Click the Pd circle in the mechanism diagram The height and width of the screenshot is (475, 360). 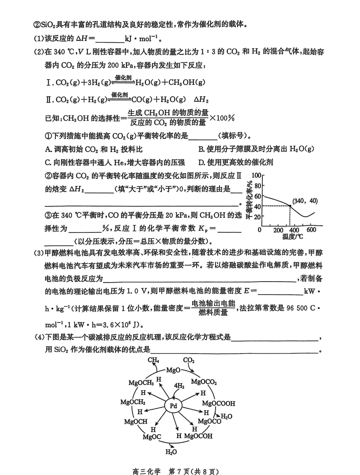pos(173,406)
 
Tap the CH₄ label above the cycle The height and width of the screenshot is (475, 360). pos(153,360)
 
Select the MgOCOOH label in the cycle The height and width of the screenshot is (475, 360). pos(218,403)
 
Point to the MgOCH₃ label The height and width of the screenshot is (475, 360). pos(141,383)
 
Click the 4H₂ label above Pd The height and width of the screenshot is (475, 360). pos(179,386)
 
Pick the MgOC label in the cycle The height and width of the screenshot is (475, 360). pos(152,437)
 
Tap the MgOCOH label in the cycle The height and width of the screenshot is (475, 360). pos(198,436)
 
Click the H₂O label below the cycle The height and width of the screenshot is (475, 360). pos(171,452)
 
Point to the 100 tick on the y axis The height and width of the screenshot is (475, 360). pos(256,175)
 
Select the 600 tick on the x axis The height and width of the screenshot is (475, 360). pos(311,229)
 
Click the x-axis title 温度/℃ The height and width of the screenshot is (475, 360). pos(292,237)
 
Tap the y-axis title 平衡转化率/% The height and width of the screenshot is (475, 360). pos(249,200)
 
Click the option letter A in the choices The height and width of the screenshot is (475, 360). pos(48,149)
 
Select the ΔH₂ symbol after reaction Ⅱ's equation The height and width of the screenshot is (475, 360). pos(201,99)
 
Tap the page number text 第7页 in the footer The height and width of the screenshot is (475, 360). pos(180,471)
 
